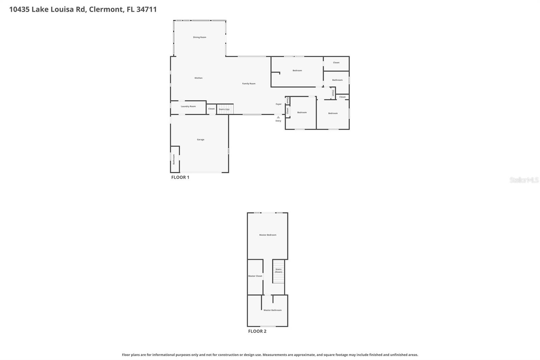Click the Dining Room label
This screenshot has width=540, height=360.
click(x=199, y=37)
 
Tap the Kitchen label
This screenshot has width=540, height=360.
click(x=198, y=78)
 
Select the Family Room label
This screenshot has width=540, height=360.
click(x=249, y=83)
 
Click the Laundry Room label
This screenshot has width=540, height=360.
click(x=188, y=106)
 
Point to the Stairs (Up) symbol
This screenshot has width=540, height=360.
click(x=224, y=109)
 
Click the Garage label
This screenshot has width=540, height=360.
click(x=200, y=139)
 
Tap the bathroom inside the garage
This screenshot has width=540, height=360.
click(x=174, y=159)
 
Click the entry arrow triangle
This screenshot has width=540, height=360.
click(x=278, y=117)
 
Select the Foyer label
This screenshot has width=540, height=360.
click(x=278, y=104)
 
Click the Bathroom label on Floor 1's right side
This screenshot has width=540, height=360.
click(x=337, y=80)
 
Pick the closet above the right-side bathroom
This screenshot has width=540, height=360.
click(x=336, y=63)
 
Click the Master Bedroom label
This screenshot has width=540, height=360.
click(x=268, y=235)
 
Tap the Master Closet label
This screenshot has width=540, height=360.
click(x=255, y=276)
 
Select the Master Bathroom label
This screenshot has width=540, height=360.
click(x=272, y=310)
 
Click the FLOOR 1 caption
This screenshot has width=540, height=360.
click(x=180, y=177)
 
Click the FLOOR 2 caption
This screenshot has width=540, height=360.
click(x=257, y=331)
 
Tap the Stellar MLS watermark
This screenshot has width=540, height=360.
click(x=524, y=180)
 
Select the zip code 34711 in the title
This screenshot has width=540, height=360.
click(x=146, y=9)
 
